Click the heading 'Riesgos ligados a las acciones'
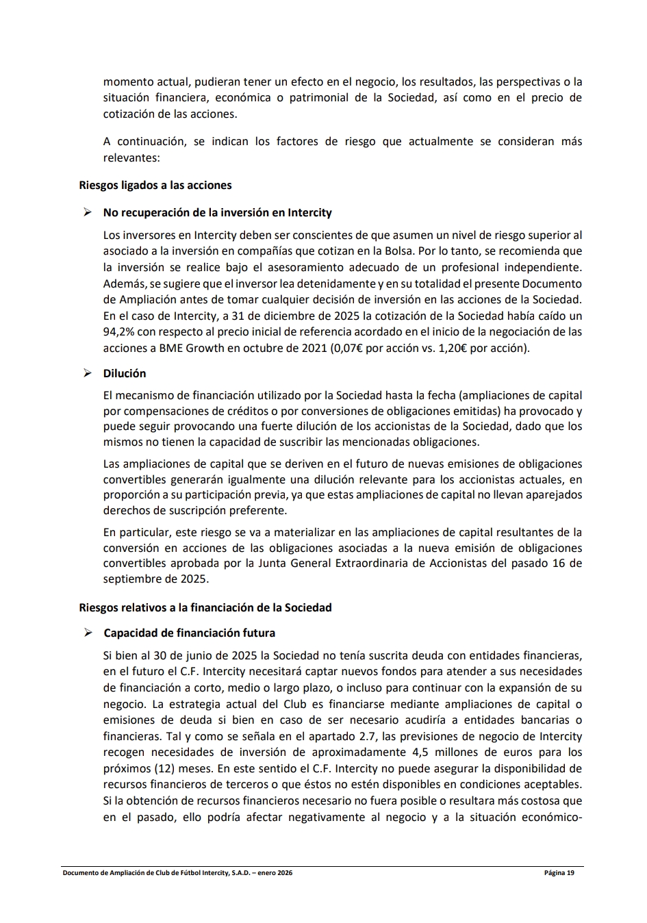click(x=155, y=185)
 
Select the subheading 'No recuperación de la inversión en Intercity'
click(x=217, y=212)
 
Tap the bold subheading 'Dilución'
click(x=125, y=373)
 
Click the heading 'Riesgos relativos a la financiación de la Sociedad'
click(x=205, y=607)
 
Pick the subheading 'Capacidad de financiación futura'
click(x=190, y=633)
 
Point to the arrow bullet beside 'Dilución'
click(x=88, y=373)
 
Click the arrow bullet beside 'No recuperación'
click(x=88, y=212)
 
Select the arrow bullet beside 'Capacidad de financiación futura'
click(x=88, y=633)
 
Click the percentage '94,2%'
click(x=118, y=332)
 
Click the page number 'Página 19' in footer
click(x=559, y=873)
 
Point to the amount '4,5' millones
click(x=422, y=752)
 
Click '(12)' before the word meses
click(x=164, y=768)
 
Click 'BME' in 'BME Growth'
click(x=172, y=348)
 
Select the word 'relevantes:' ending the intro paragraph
click(x=131, y=157)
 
